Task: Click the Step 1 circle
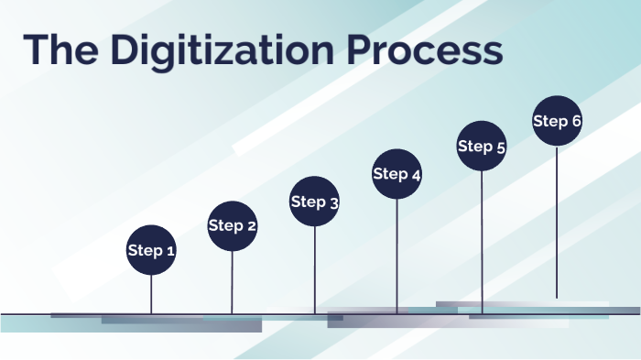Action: point(151,250)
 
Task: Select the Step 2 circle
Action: point(233,226)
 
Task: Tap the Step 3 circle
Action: point(314,202)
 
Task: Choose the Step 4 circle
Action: point(397,174)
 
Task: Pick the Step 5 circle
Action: point(482,146)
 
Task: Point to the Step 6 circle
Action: point(557,121)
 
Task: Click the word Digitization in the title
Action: point(223,50)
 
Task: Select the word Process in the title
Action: point(425,49)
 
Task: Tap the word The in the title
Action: point(60,49)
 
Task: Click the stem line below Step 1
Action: point(151,295)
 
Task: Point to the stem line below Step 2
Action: point(233,283)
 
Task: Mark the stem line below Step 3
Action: point(315,270)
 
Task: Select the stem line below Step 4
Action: point(397,256)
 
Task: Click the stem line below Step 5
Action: point(482,243)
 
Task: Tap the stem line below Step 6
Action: point(557,222)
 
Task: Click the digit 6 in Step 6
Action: point(576,121)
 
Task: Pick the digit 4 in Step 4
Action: point(416,176)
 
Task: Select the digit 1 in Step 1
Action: point(171,250)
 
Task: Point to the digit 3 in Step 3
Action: point(334,203)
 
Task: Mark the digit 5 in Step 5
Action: point(501,148)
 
